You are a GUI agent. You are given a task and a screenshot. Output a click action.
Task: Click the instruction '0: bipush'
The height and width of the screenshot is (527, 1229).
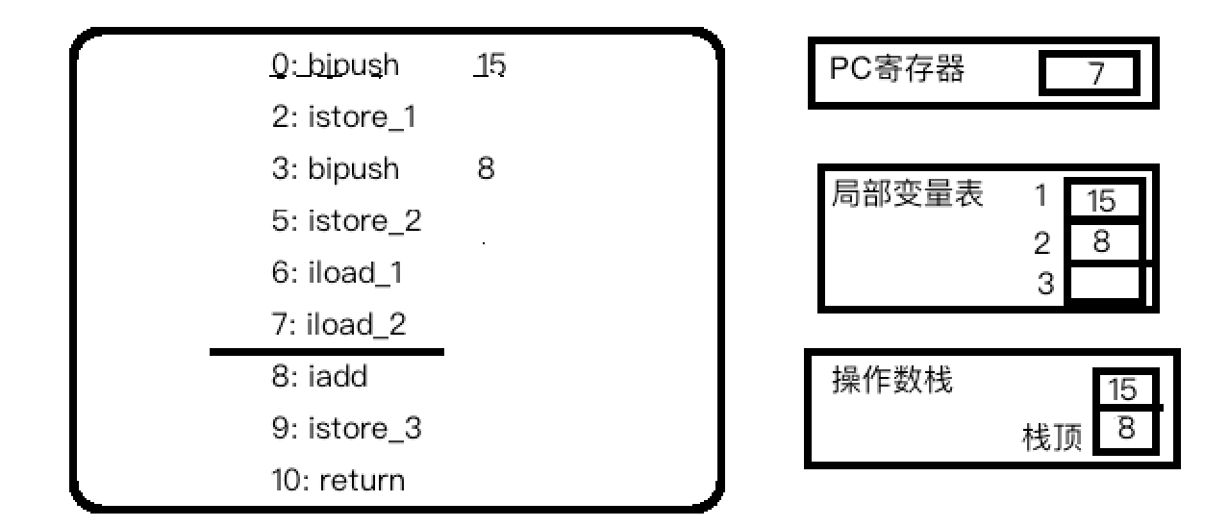click(x=335, y=65)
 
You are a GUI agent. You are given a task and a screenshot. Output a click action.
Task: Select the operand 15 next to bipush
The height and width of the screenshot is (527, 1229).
click(x=490, y=65)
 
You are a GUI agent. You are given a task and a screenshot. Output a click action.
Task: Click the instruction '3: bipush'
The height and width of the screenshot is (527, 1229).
click(x=335, y=169)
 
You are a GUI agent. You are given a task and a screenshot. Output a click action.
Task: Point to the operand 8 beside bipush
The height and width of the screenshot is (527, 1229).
click(x=486, y=169)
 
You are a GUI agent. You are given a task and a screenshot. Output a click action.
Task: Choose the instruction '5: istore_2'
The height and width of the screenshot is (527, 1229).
click(x=346, y=221)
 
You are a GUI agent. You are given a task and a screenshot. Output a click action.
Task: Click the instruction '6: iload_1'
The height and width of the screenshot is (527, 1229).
click(x=337, y=273)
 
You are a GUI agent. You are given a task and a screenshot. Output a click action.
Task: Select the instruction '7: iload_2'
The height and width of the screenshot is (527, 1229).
click(x=339, y=325)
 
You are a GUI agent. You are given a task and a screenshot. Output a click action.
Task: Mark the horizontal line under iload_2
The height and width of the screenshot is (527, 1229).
click(x=327, y=352)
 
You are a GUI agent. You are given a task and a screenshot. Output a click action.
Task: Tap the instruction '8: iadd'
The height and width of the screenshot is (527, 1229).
click(x=319, y=377)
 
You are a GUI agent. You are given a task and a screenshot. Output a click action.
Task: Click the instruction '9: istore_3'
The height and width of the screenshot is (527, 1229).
click(x=346, y=428)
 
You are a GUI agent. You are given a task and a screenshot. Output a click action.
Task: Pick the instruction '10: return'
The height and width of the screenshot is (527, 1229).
click(x=338, y=479)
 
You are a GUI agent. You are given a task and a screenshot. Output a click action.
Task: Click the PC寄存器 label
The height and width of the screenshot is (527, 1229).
click(x=896, y=70)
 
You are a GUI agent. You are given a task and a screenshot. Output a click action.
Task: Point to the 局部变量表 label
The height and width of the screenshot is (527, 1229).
click(x=907, y=195)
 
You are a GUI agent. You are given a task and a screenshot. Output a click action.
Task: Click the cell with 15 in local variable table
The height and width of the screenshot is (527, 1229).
click(x=1102, y=201)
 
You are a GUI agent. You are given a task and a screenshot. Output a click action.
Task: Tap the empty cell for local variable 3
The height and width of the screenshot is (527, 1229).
click(x=1103, y=285)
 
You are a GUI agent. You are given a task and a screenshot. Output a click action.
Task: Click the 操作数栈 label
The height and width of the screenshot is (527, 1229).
click(x=891, y=381)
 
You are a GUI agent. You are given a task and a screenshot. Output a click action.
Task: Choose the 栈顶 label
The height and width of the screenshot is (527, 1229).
click(x=1051, y=439)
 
